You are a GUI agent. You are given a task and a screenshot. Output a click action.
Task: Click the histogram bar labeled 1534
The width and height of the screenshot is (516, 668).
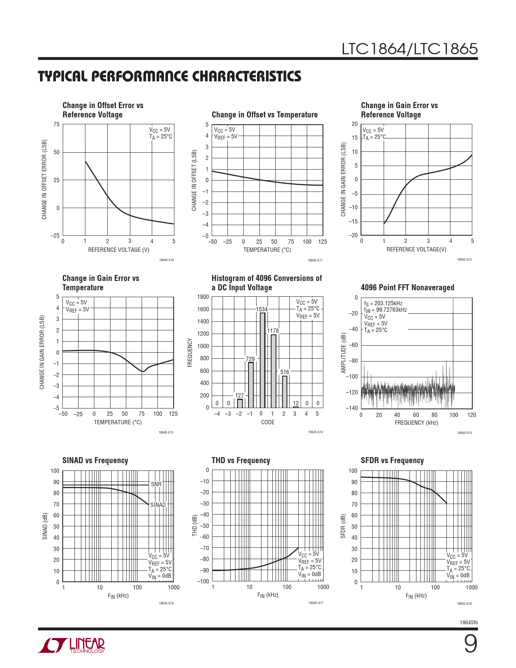263,360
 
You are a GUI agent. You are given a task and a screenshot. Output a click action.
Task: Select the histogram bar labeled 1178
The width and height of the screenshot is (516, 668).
274,371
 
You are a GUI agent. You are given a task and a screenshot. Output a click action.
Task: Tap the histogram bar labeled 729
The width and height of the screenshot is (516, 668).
251,385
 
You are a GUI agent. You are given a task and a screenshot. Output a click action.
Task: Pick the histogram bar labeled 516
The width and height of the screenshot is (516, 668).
285,392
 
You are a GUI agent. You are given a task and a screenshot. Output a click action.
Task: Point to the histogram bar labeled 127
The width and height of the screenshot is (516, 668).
240,404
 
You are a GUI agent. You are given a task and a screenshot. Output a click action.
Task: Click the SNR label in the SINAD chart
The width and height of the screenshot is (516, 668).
156,484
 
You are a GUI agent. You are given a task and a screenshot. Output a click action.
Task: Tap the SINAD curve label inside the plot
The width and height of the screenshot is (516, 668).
158,505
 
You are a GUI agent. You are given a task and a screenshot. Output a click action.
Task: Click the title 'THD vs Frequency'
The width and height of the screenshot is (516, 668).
241,460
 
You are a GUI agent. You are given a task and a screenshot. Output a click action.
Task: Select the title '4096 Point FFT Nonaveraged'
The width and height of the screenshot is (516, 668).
407,287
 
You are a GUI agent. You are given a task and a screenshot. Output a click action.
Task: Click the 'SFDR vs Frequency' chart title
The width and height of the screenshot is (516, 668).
392,460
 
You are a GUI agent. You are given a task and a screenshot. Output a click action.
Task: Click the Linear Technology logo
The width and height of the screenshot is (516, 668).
72,645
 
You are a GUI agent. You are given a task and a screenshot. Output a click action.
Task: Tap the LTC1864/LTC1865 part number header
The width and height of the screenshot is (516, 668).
410,49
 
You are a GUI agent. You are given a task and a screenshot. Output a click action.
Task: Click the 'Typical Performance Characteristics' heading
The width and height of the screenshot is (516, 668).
170,76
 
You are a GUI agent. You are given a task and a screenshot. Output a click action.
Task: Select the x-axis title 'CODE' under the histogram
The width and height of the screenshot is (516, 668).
268,422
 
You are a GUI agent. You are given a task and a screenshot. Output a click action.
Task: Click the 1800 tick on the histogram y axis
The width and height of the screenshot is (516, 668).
203,297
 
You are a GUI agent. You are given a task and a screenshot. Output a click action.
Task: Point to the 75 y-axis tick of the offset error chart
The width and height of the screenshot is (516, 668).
57,124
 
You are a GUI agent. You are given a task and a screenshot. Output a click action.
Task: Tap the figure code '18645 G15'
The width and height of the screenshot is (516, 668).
464,433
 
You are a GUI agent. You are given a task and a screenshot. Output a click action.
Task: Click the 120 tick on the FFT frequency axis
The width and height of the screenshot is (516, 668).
471,415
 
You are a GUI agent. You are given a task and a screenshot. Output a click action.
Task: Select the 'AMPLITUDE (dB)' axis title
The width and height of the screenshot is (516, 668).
344,353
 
